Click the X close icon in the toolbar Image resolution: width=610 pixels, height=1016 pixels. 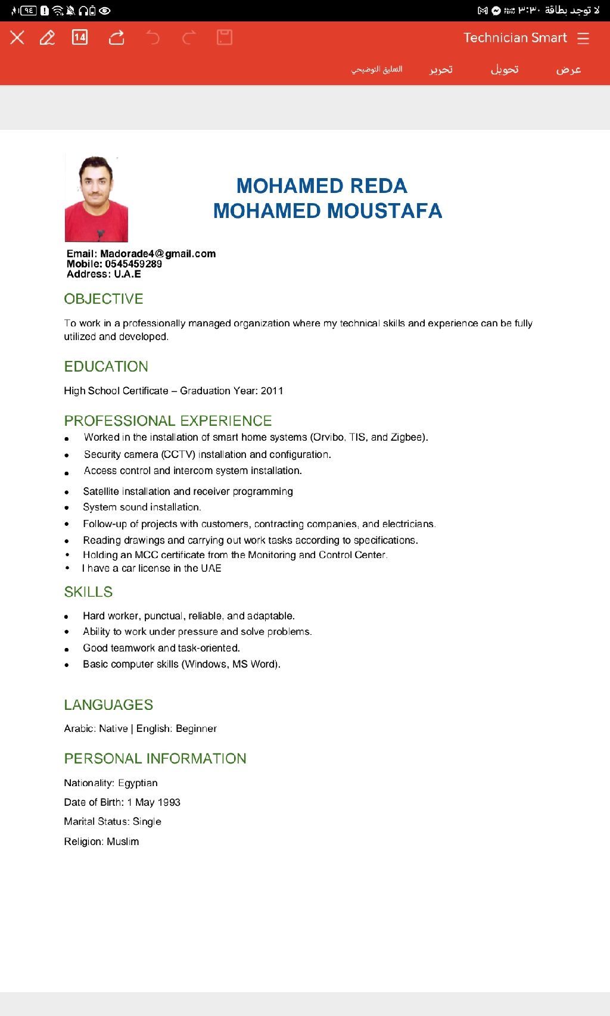click(17, 38)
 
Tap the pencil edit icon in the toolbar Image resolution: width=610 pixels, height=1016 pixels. click(47, 38)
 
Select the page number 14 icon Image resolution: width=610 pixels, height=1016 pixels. click(80, 38)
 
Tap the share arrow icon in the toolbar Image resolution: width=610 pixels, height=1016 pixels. click(117, 38)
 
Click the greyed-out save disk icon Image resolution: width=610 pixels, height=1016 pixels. click(225, 38)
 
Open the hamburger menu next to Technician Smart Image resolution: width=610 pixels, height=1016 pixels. click(583, 38)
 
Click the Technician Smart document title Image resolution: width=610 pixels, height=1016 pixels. click(515, 38)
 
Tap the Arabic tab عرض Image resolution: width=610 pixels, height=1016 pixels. click(568, 70)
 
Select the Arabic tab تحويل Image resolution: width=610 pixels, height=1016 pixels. click(505, 70)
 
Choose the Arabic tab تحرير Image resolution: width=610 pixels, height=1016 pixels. click(441, 70)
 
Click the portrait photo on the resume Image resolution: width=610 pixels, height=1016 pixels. click(96, 198)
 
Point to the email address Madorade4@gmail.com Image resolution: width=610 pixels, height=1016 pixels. click(158, 254)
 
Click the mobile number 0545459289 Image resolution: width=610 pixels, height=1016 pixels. click(133, 264)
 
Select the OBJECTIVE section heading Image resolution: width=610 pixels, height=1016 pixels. click(104, 299)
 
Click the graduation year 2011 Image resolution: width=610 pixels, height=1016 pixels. click(272, 391)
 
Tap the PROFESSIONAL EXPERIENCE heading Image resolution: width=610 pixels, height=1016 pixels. click(168, 421)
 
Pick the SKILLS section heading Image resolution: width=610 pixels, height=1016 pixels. click(88, 592)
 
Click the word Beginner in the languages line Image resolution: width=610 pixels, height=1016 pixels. click(196, 728)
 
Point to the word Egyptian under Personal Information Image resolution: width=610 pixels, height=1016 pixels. click(138, 783)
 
